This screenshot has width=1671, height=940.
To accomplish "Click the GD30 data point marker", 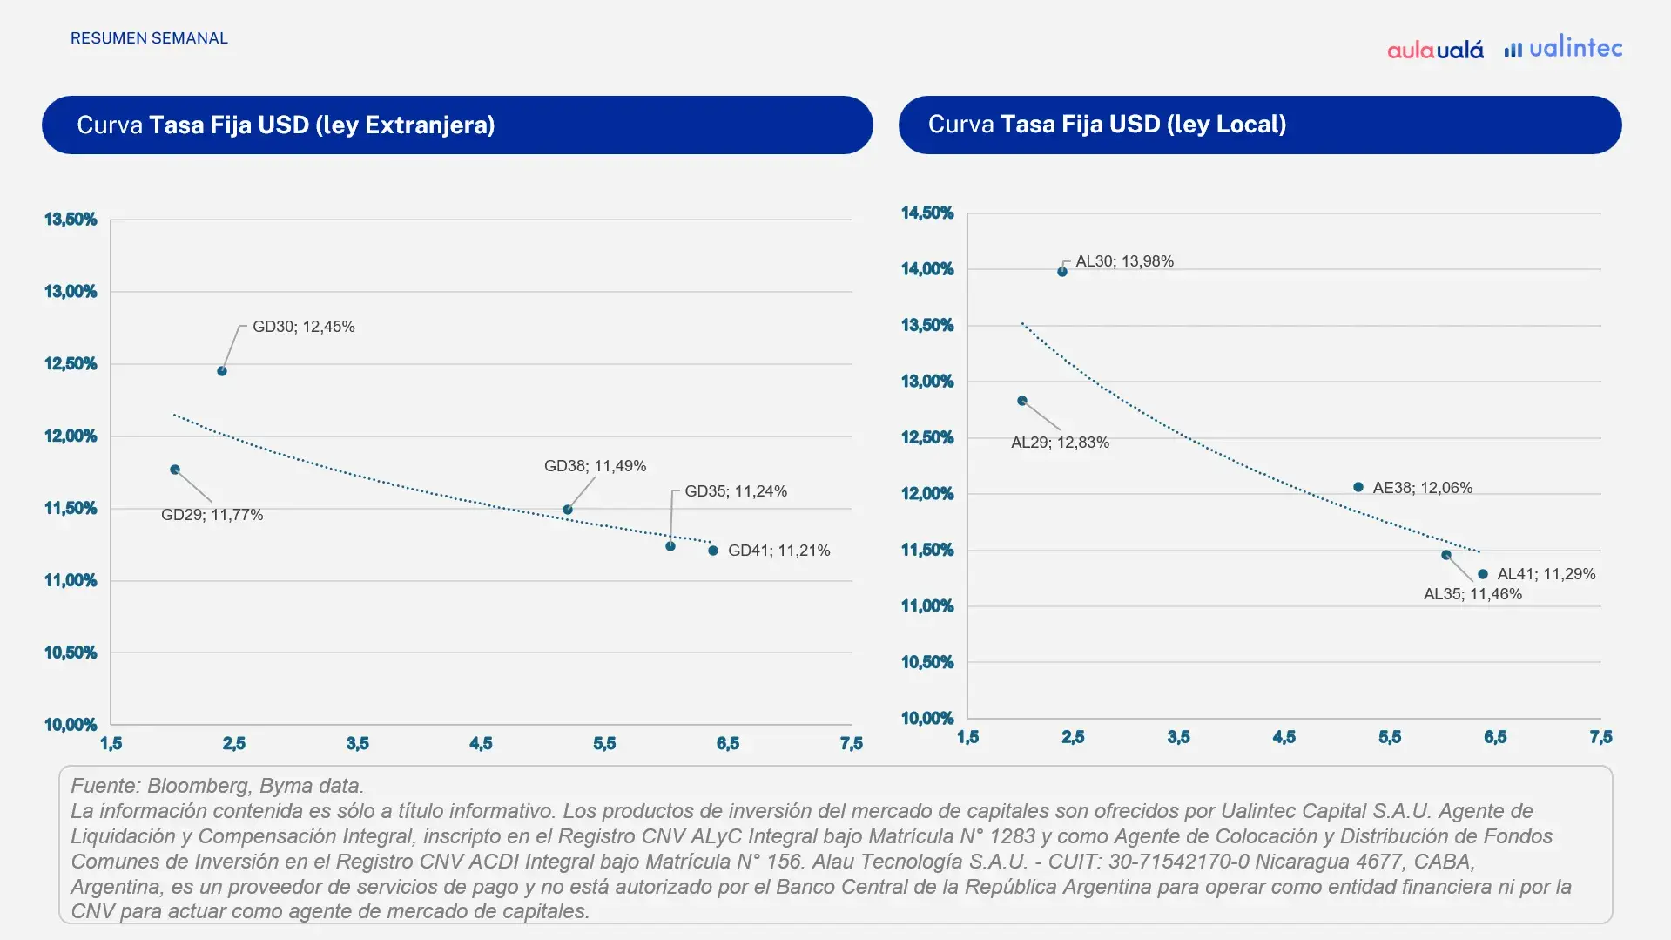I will (222, 371).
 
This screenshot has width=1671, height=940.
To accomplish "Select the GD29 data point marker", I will (175, 470).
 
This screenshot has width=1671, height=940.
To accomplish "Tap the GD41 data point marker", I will (713, 551).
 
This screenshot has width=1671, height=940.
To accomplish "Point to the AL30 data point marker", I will (1062, 272).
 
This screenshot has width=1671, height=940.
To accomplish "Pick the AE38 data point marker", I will (1358, 487).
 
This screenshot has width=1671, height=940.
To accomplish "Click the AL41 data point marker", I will (1483, 574).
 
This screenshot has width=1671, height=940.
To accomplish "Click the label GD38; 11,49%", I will (595, 466).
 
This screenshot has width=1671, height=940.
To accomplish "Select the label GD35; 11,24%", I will (736, 491).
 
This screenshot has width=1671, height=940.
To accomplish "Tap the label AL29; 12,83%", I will (1060, 443).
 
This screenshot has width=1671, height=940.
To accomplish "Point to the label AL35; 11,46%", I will (1472, 594).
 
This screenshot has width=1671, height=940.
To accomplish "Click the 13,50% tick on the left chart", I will (71, 220).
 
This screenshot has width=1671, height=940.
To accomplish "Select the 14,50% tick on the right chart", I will (927, 213).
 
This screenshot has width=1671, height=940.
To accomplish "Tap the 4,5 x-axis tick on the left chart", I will (481, 743).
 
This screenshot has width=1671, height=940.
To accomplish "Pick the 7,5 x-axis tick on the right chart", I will (1600, 737).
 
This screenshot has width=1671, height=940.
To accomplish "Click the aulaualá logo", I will (1435, 50).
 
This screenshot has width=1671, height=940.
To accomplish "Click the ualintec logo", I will (1564, 48).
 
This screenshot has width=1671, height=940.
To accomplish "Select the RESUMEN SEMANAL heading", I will (149, 38).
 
